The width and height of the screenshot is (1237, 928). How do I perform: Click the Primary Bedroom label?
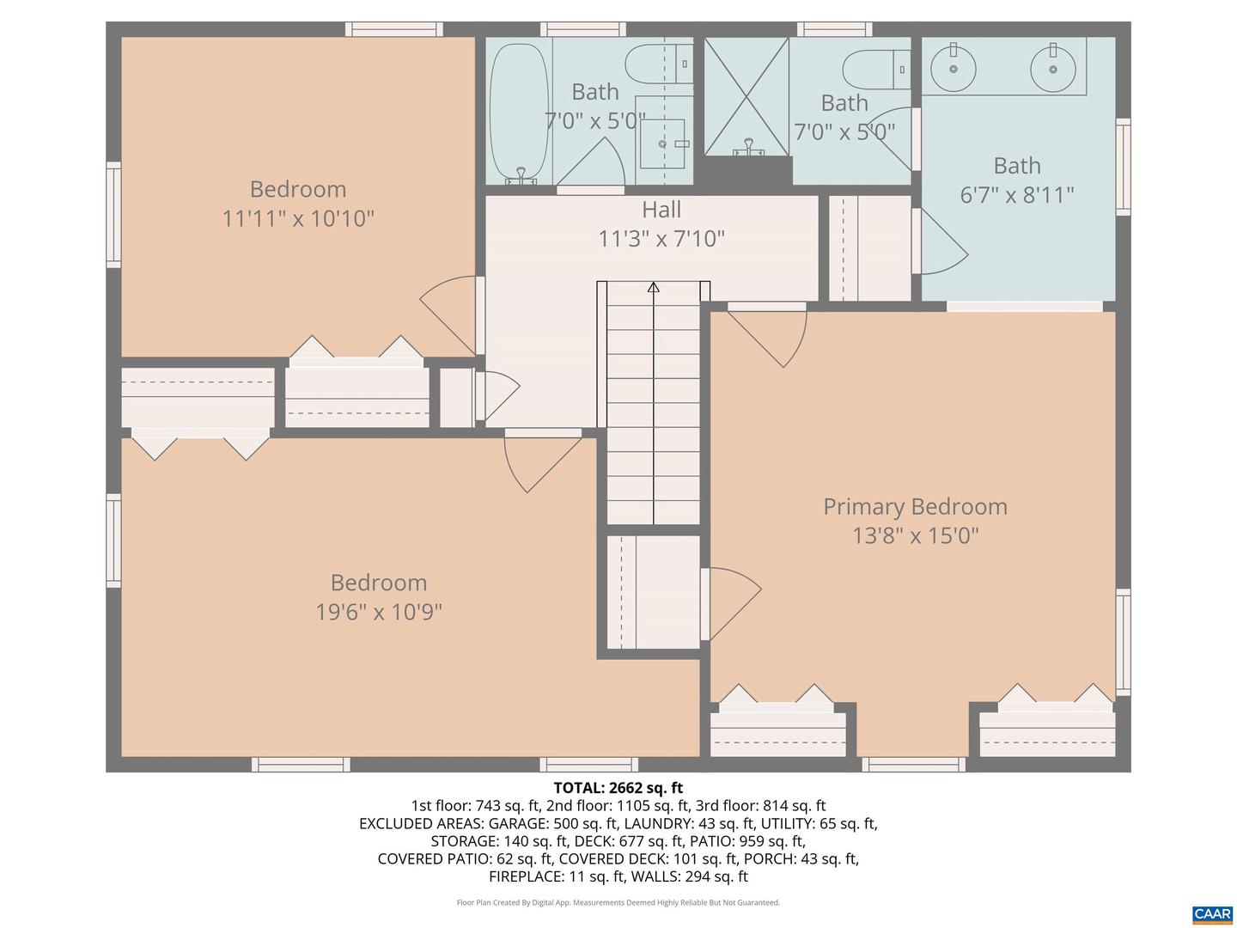tap(915, 507)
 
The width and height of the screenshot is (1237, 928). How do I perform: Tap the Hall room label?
tap(661, 210)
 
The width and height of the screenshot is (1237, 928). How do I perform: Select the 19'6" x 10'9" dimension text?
tap(379, 611)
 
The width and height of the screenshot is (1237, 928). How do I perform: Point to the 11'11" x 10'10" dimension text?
tap(298, 218)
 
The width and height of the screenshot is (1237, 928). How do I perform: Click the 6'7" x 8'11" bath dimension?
tap(1016, 195)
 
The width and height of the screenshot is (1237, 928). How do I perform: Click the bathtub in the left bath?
tap(519, 112)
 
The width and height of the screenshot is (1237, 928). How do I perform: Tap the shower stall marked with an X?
tap(746, 96)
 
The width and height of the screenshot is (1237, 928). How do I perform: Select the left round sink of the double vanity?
tap(953, 69)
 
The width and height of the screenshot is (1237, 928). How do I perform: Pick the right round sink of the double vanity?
tap(1052, 69)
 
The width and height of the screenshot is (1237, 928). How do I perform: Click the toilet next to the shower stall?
tap(875, 70)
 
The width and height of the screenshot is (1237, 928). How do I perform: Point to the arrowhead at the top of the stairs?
tap(653, 287)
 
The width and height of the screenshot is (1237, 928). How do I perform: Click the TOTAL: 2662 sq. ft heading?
tap(618, 787)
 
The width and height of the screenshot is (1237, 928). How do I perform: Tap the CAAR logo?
tap(1211, 913)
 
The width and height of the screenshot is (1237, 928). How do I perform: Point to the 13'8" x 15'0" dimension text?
tap(915, 535)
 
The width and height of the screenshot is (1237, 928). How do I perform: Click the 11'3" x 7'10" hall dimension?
tap(661, 239)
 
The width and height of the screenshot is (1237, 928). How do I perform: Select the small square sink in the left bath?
tap(662, 143)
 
